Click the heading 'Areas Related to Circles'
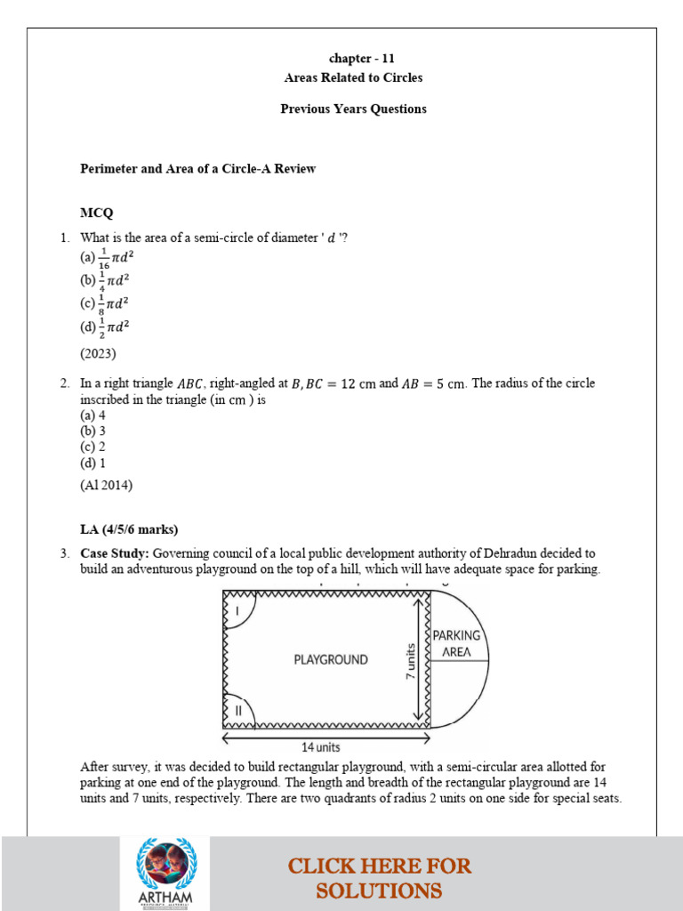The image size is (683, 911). tap(353, 77)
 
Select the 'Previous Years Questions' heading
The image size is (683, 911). tap(353, 109)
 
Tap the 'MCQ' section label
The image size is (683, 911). tap(96, 214)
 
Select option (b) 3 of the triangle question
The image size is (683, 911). tap(92, 431)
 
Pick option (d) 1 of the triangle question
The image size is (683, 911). tap(92, 463)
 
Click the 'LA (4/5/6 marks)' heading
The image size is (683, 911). tap(129, 529)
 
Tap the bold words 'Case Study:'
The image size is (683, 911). tap(115, 553)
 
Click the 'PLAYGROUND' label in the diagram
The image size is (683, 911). tap(330, 660)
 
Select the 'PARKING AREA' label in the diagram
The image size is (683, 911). tap(456, 643)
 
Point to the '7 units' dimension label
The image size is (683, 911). tap(411, 664)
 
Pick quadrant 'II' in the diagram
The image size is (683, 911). tap(237, 712)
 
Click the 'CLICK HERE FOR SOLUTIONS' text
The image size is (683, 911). tap(379, 877)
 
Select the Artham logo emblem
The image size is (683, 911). tap(165, 871)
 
